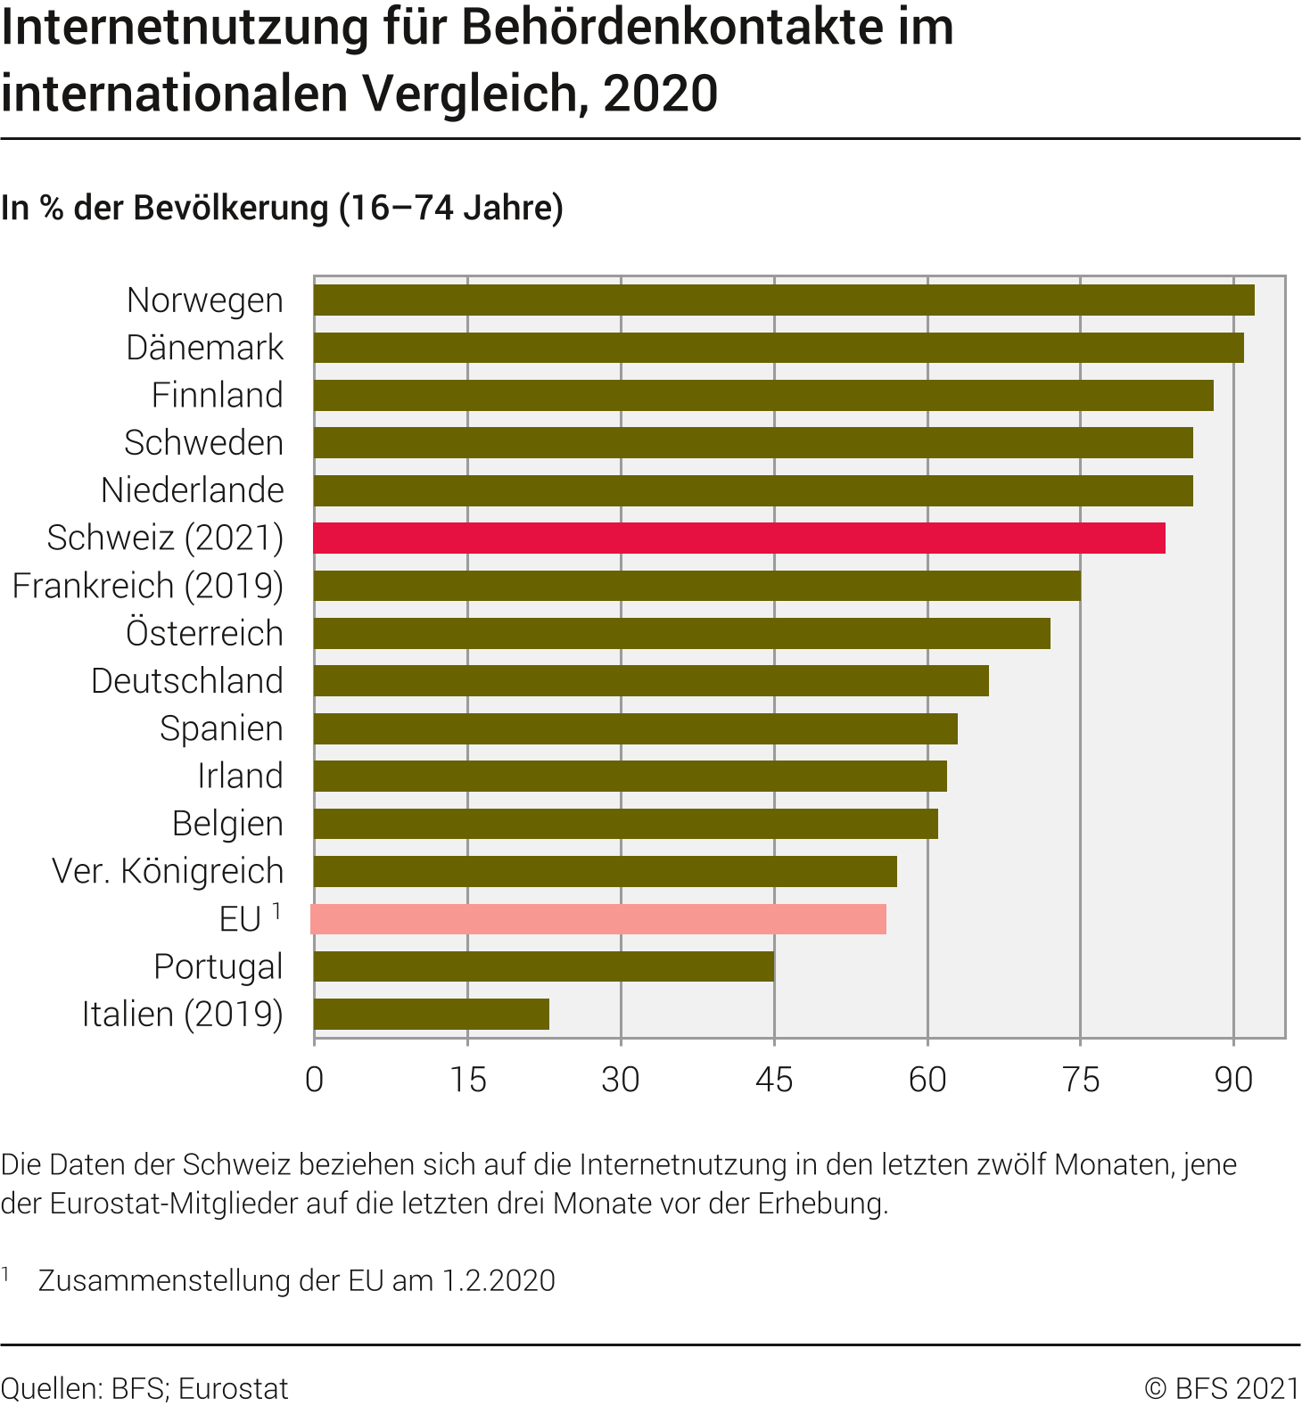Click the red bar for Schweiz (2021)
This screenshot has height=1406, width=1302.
[x=739, y=538]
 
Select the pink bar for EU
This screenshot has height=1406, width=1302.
[x=598, y=919]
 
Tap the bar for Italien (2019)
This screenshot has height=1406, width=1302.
[x=432, y=1014]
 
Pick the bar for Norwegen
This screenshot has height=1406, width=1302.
[x=784, y=300]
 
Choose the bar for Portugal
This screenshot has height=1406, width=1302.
[x=544, y=966]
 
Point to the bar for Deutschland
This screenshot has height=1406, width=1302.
[x=651, y=680]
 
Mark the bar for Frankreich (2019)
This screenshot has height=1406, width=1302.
[x=697, y=586]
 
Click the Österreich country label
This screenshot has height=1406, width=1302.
[x=204, y=633]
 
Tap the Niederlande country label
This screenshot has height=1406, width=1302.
[x=193, y=490]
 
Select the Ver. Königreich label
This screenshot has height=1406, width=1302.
[x=168, y=871]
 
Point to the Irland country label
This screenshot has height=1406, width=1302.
[x=240, y=776]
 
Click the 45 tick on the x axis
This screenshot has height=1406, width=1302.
[x=773, y=1080]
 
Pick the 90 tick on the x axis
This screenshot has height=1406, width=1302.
[x=1233, y=1080]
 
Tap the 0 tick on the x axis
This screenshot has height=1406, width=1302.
[x=314, y=1080]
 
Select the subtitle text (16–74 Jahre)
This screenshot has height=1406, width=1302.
[x=451, y=208]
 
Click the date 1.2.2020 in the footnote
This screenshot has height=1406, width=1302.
[x=499, y=1280]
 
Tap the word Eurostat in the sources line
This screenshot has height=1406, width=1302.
[x=233, y=1388]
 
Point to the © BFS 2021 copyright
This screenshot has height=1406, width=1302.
[x=1222, y=1388]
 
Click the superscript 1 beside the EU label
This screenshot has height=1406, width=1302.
[x=277, y=910]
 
